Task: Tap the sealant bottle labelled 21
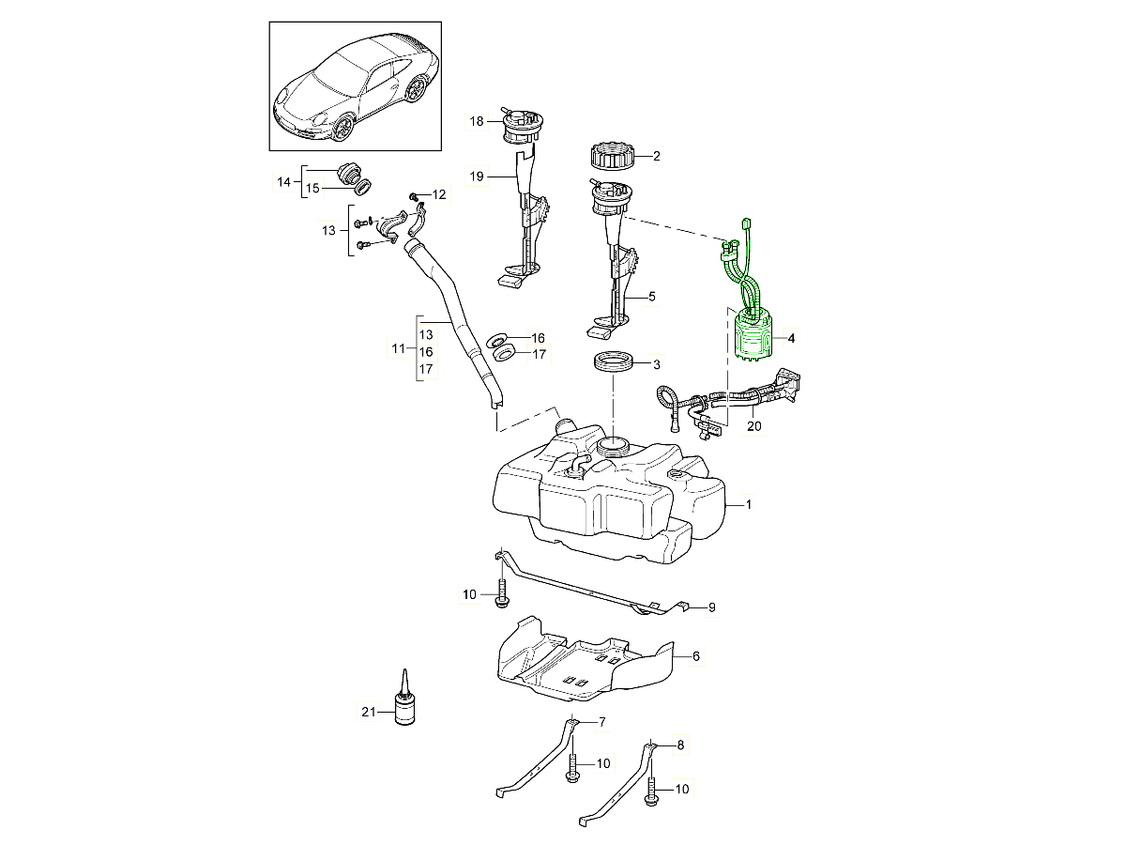tap(405, 705)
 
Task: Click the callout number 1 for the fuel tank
tap(749, 504)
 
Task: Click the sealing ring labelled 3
tap(614, 362)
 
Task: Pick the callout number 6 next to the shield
tap(695, 657)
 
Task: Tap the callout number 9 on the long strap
tap(711, 607)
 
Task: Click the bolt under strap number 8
tap(651, 792)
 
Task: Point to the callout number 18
tap(477, 121)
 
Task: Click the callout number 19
tap(477, 176)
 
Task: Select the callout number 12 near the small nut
tap(439, 194)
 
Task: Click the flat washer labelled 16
tap(500, 338)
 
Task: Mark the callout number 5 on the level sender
tap(651, 296)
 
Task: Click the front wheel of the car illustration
tap(343, 129)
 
